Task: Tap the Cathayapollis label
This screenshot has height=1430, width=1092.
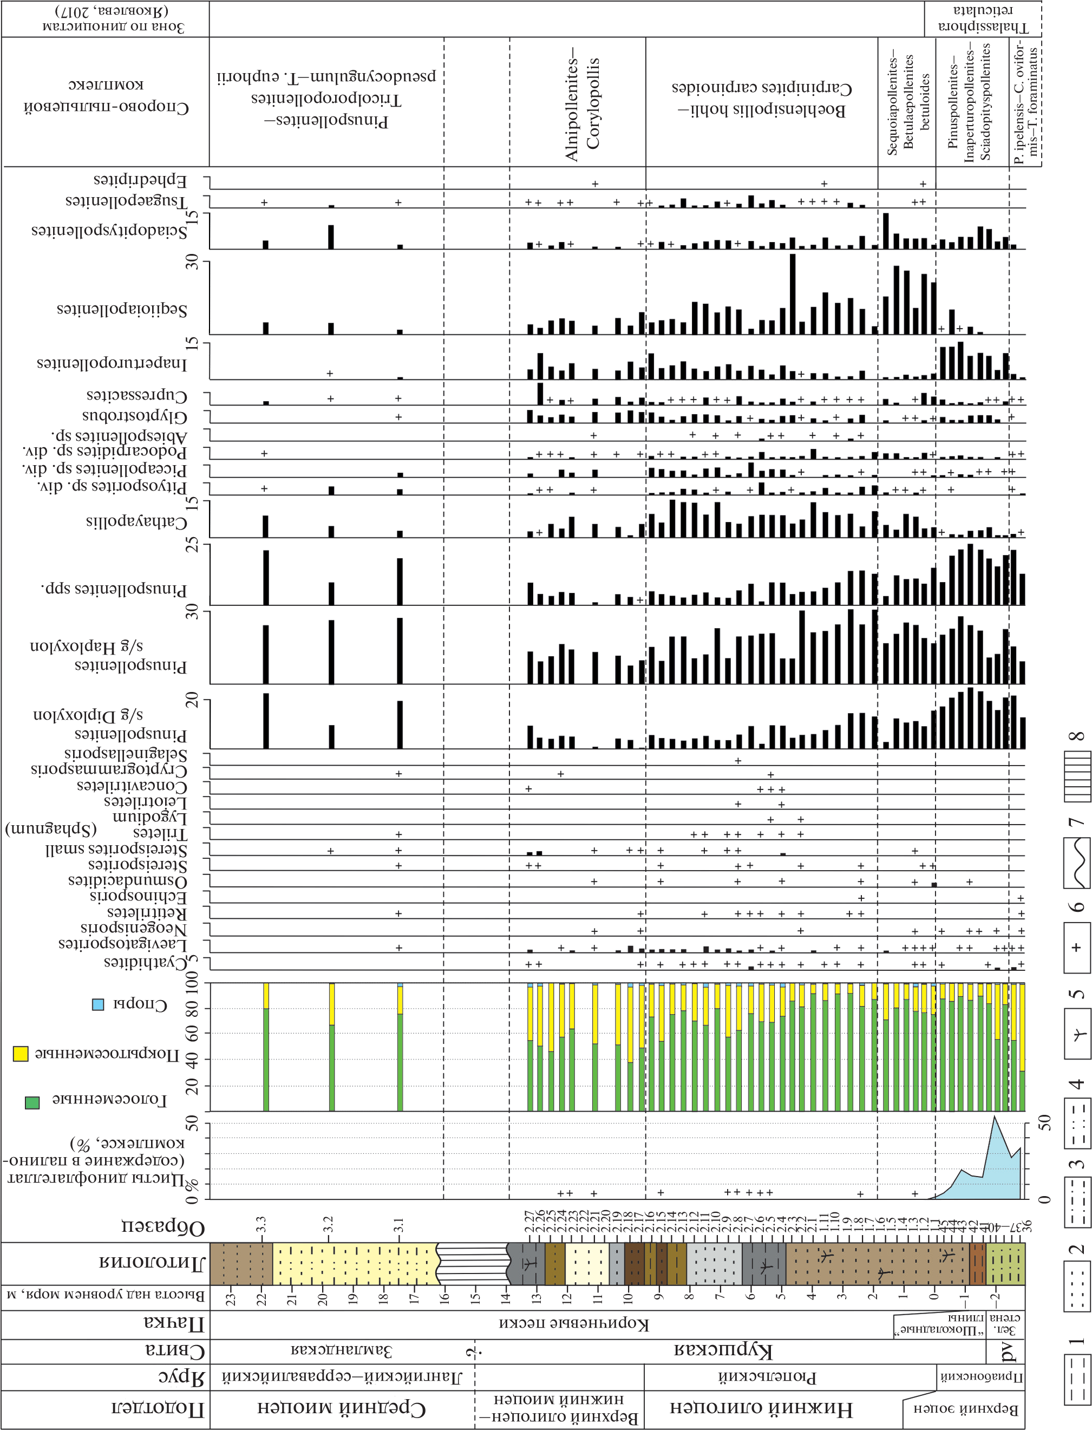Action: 136,522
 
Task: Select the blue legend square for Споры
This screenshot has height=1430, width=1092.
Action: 98,1004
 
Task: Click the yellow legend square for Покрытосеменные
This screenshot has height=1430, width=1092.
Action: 21,1054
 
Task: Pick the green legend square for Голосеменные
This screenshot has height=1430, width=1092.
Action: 32,1102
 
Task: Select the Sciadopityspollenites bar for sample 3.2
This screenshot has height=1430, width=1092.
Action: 331,237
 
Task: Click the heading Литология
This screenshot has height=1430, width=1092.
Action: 152,1281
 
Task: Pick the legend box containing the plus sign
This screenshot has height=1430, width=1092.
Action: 1077,947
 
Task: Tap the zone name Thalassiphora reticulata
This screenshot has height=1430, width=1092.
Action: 983,18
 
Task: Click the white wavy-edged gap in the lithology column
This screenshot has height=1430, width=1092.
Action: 473,1281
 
